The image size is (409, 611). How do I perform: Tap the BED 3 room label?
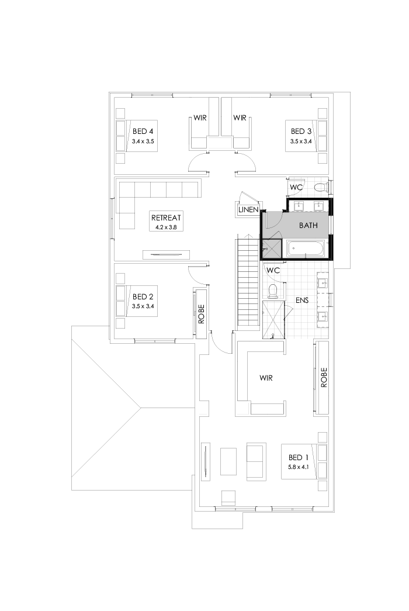(x=301, y=131)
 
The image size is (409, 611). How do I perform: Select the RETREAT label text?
(x=165, y=215)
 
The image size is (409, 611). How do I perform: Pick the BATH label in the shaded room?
(x=309, y=225)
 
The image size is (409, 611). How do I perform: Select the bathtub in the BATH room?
(x=307, y=248)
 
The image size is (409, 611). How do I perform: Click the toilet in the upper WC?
(x=319, y=188)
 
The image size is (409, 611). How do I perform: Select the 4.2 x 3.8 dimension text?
(x=165, y=226)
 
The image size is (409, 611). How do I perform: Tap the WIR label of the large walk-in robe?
(x=266, y=378)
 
